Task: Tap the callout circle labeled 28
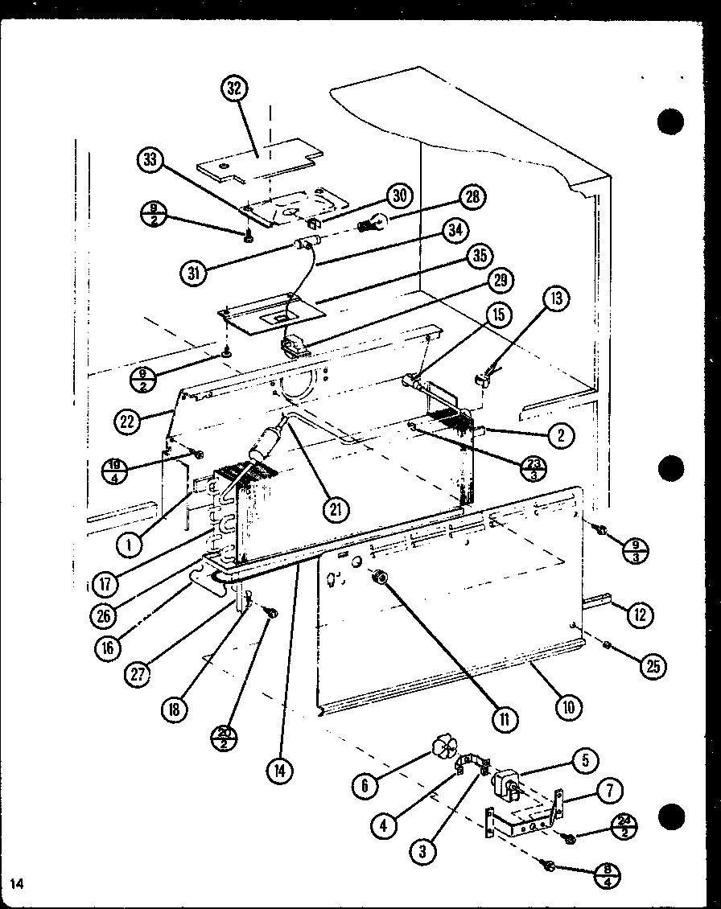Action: pyautogui.click(x=473, y=197)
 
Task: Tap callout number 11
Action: pyautogui.click(x=505, y=718)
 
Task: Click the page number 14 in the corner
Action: pyautogui.click(x=15, y=884)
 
